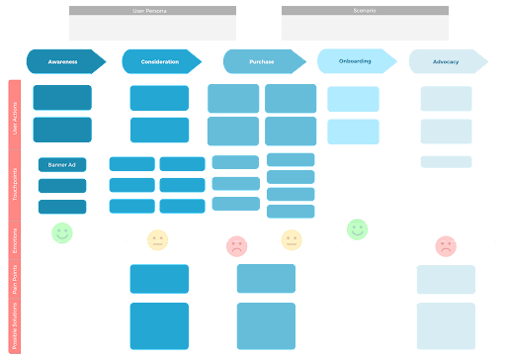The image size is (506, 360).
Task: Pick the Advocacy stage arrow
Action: tap(447, 61)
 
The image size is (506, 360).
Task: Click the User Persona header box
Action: tap(153, 23)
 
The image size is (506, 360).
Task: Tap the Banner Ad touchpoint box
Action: tap(62, 165)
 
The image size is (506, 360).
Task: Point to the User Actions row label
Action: tap(15, 115)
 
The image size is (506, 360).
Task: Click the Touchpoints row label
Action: tap(15, 186)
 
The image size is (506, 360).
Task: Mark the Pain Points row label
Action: tap(15, 279)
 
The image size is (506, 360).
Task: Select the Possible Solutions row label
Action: tap(15, 326)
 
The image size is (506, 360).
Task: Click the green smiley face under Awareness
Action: tap(62, 232)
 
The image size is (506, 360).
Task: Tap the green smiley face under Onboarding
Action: tap(358, 229)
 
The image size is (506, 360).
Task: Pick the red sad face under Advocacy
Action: tap(446, 245)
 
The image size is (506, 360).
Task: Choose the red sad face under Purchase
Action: tap(237, 245)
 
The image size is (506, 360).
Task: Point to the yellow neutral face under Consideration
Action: tap(158, 239)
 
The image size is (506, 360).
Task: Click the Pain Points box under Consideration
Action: tap(158, 279)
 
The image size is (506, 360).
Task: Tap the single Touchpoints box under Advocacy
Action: tap(446, 161)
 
